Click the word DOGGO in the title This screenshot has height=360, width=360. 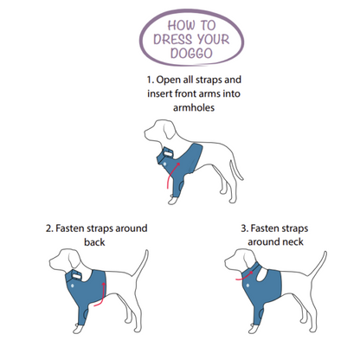tap(191, 54)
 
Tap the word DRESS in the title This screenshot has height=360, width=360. tap(172, 40)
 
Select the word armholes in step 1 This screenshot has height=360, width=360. tap(194, 107)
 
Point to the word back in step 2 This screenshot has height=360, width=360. tap(94, 242)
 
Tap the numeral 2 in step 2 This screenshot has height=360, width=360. tap(48, 228)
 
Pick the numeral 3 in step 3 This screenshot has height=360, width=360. tap(244, 228)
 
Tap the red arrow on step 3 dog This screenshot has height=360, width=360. tap(245, 277)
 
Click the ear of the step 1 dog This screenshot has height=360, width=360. tap(169, 131)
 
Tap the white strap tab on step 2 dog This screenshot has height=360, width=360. tap(77, 276)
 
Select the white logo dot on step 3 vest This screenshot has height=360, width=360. tap(248, 286)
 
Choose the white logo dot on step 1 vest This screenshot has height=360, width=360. tap(164, 164)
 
